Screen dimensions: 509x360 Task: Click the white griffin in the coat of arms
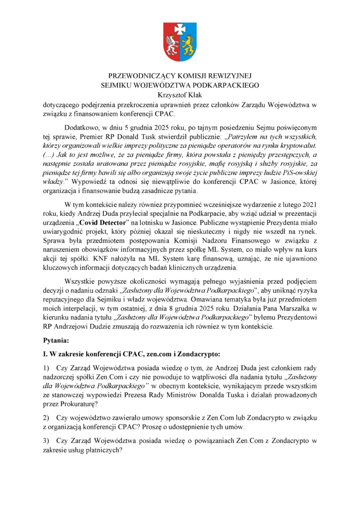[x=173, y=46]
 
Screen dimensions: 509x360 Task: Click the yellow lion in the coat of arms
[x=187, y=46]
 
